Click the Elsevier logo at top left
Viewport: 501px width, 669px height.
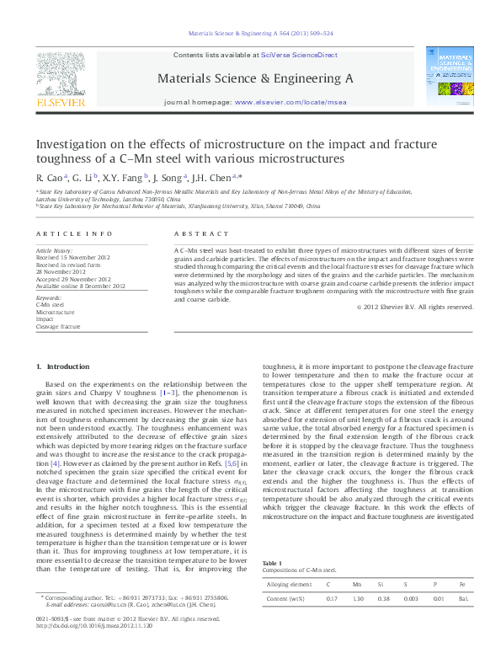pyautogui.click(x=60, y=78)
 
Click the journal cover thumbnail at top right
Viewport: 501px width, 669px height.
pyautogui.click(x=449, y=76)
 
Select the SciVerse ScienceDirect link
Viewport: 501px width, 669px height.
pyautogui.click(x=299, y=55)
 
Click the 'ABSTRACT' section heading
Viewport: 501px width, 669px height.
pyautogui.click(x=200, y=233)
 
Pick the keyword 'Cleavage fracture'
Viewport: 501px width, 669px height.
pyautogui.click(x=58, y=326)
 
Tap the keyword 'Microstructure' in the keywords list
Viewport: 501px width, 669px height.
pyautogui.click(x=56, y=312)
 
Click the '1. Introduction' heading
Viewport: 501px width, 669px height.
pyautogui.click(x=63, y=367)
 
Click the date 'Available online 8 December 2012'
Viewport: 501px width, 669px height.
pyautogui.click(x=80, y=286)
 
